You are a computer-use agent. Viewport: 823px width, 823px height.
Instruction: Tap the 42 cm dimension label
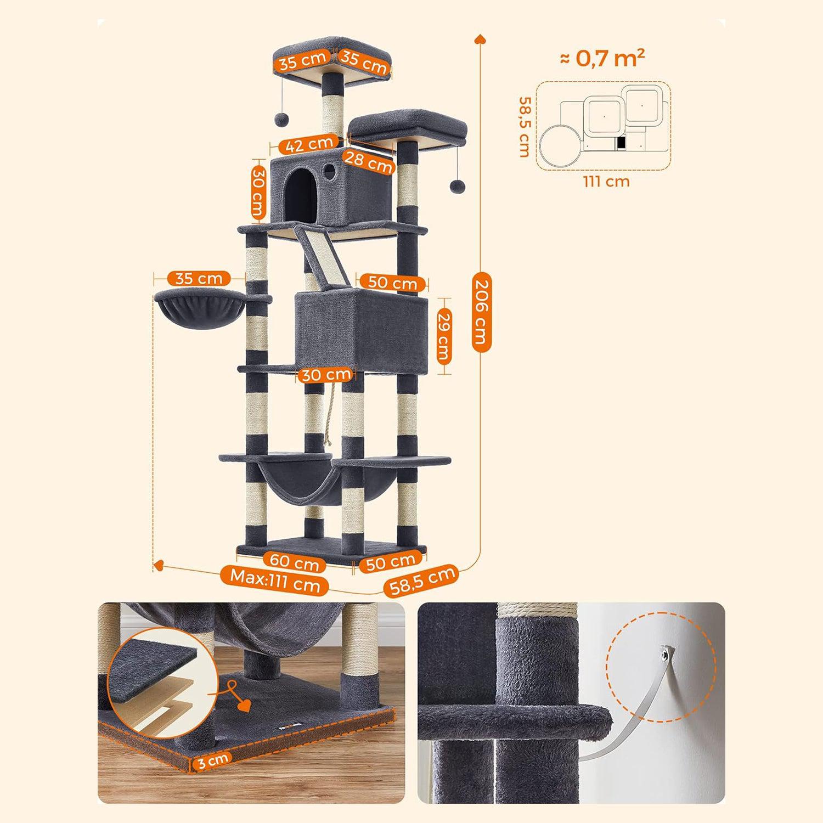coord(309,145)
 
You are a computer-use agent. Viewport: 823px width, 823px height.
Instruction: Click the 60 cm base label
coord(295,562)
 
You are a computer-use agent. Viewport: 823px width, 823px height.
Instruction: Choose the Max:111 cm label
coord(275,580)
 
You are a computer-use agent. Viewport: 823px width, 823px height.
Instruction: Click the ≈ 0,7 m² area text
coord(602,58)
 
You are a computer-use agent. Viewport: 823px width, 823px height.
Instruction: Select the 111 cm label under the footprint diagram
coord(606,181)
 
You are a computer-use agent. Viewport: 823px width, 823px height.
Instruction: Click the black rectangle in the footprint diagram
coord(621,143)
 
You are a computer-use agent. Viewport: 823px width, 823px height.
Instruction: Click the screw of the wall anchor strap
coord(666,652)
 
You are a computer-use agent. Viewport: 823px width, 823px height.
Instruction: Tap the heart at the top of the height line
coord(481,38)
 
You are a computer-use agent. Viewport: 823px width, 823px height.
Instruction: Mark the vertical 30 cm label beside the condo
coord(258,191)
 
